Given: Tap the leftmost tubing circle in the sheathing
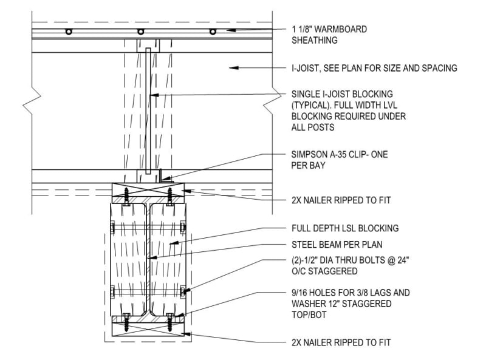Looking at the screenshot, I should [x=69, y=32].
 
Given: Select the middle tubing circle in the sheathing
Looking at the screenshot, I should [x=140, y=32].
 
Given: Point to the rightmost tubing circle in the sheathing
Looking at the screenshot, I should [x=212, y=32].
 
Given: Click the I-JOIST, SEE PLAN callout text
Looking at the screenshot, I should [x=374, y=68].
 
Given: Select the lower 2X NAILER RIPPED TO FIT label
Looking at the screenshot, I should [x=341, y=343].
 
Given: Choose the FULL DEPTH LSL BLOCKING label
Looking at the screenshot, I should [x=345, y=228].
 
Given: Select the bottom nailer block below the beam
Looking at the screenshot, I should [x=149, y=328].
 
